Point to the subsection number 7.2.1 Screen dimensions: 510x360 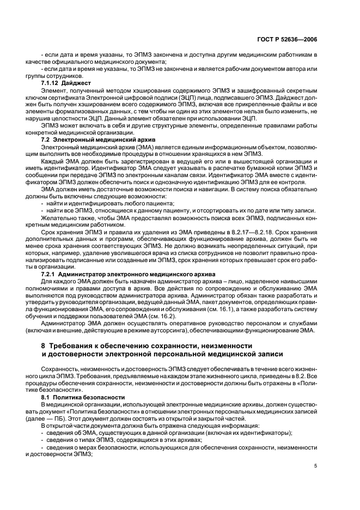tap(51, 273)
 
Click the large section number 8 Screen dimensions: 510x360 tap(44, 346)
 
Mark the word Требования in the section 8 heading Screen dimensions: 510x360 tap(73, 346)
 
